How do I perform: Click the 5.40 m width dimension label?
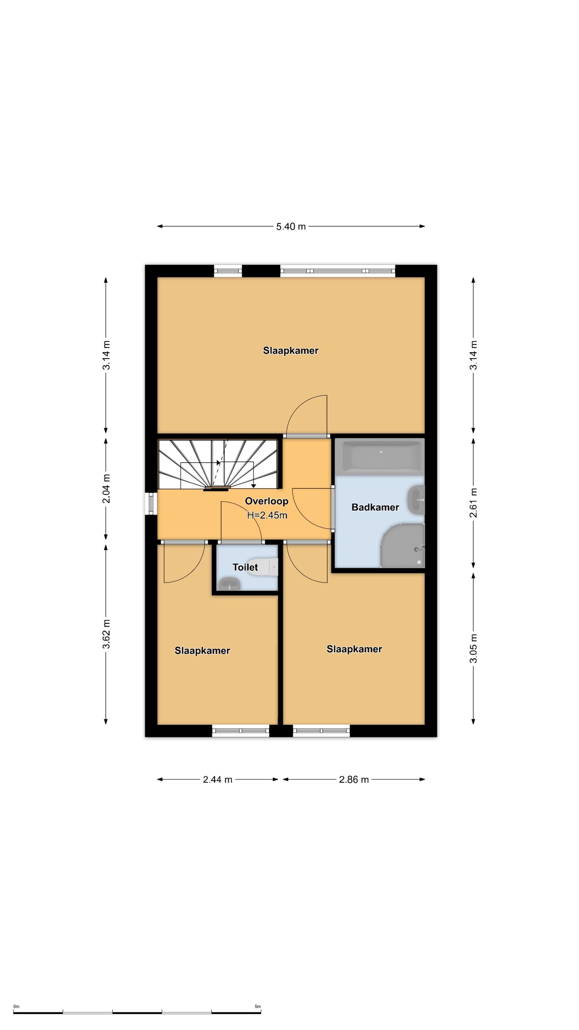[291, 226]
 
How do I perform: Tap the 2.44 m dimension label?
[217, 779]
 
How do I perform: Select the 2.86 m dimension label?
[353, 779]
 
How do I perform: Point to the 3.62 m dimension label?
[106, 634]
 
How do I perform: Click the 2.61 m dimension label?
[474, 502]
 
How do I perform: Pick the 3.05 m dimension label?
[474, 648]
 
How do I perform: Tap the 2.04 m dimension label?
[106, 489]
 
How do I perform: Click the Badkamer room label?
[375, 507]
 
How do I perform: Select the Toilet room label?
[245, 567]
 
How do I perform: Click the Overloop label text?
[267, 501]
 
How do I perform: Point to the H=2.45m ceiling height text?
[267, 515]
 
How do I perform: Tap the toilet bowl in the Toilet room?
[264, 567]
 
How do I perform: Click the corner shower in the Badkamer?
[403, 545]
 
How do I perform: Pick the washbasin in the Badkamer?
[416, 499]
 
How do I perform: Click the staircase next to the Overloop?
[218, 464]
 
